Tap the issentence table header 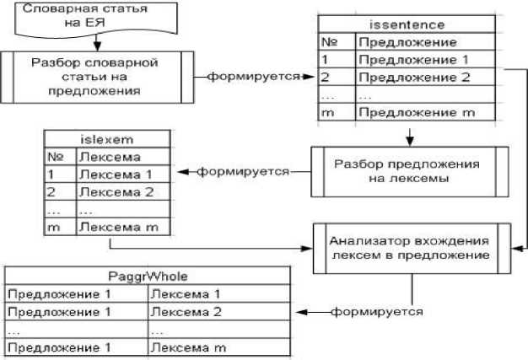408,26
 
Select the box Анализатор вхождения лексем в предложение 410,249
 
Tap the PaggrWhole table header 147,276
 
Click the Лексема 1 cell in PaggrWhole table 218,293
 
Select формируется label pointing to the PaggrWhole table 376,312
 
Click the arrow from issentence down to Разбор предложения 408,133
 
